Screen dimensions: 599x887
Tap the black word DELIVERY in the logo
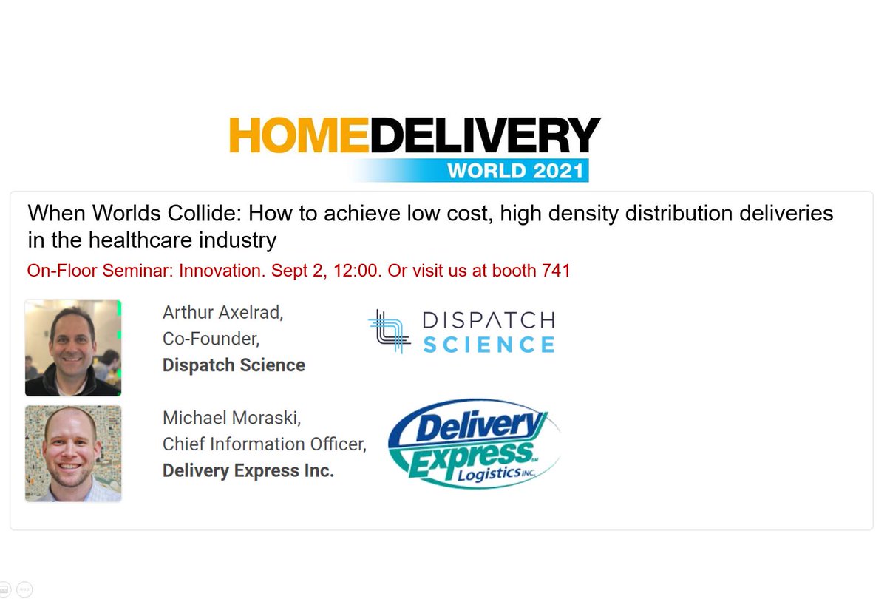[x=485, y=135]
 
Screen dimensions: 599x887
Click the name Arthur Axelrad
[x=222, y=313]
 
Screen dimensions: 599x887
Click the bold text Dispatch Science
[x=234, y=365]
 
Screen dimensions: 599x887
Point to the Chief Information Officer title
[x=264, y=444]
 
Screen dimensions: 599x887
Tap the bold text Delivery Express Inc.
[x=248, y=470]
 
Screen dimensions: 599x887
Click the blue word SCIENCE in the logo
[x=488, y=345]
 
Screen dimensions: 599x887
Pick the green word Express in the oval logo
[x=470, y=450]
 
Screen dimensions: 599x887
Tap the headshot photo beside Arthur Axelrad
[x=73, y=348]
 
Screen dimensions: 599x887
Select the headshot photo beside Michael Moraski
[x=73, y=453]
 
